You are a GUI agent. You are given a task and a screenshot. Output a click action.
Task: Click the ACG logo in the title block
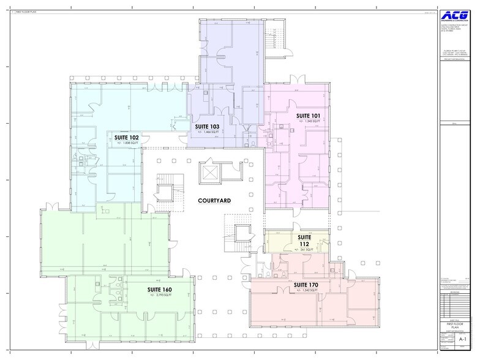click(x=457, y=15)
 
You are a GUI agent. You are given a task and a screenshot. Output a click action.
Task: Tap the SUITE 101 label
click(x=309, y=115)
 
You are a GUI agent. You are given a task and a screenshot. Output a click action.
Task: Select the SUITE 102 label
click(x=126, y=137)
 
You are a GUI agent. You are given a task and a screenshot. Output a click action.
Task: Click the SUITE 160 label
click(x=159, y=289)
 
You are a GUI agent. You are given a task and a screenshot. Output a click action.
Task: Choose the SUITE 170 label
click(x=306, y=285)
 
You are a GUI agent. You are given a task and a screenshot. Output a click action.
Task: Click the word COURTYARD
click(x=214, y=200)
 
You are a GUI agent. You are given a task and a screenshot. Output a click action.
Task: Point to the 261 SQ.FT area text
click(x=306, y=250)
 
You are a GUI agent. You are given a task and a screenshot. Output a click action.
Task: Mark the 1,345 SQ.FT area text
click(x=309, y=122)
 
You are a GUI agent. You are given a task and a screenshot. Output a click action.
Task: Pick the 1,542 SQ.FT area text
click(x=306, y=291)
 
